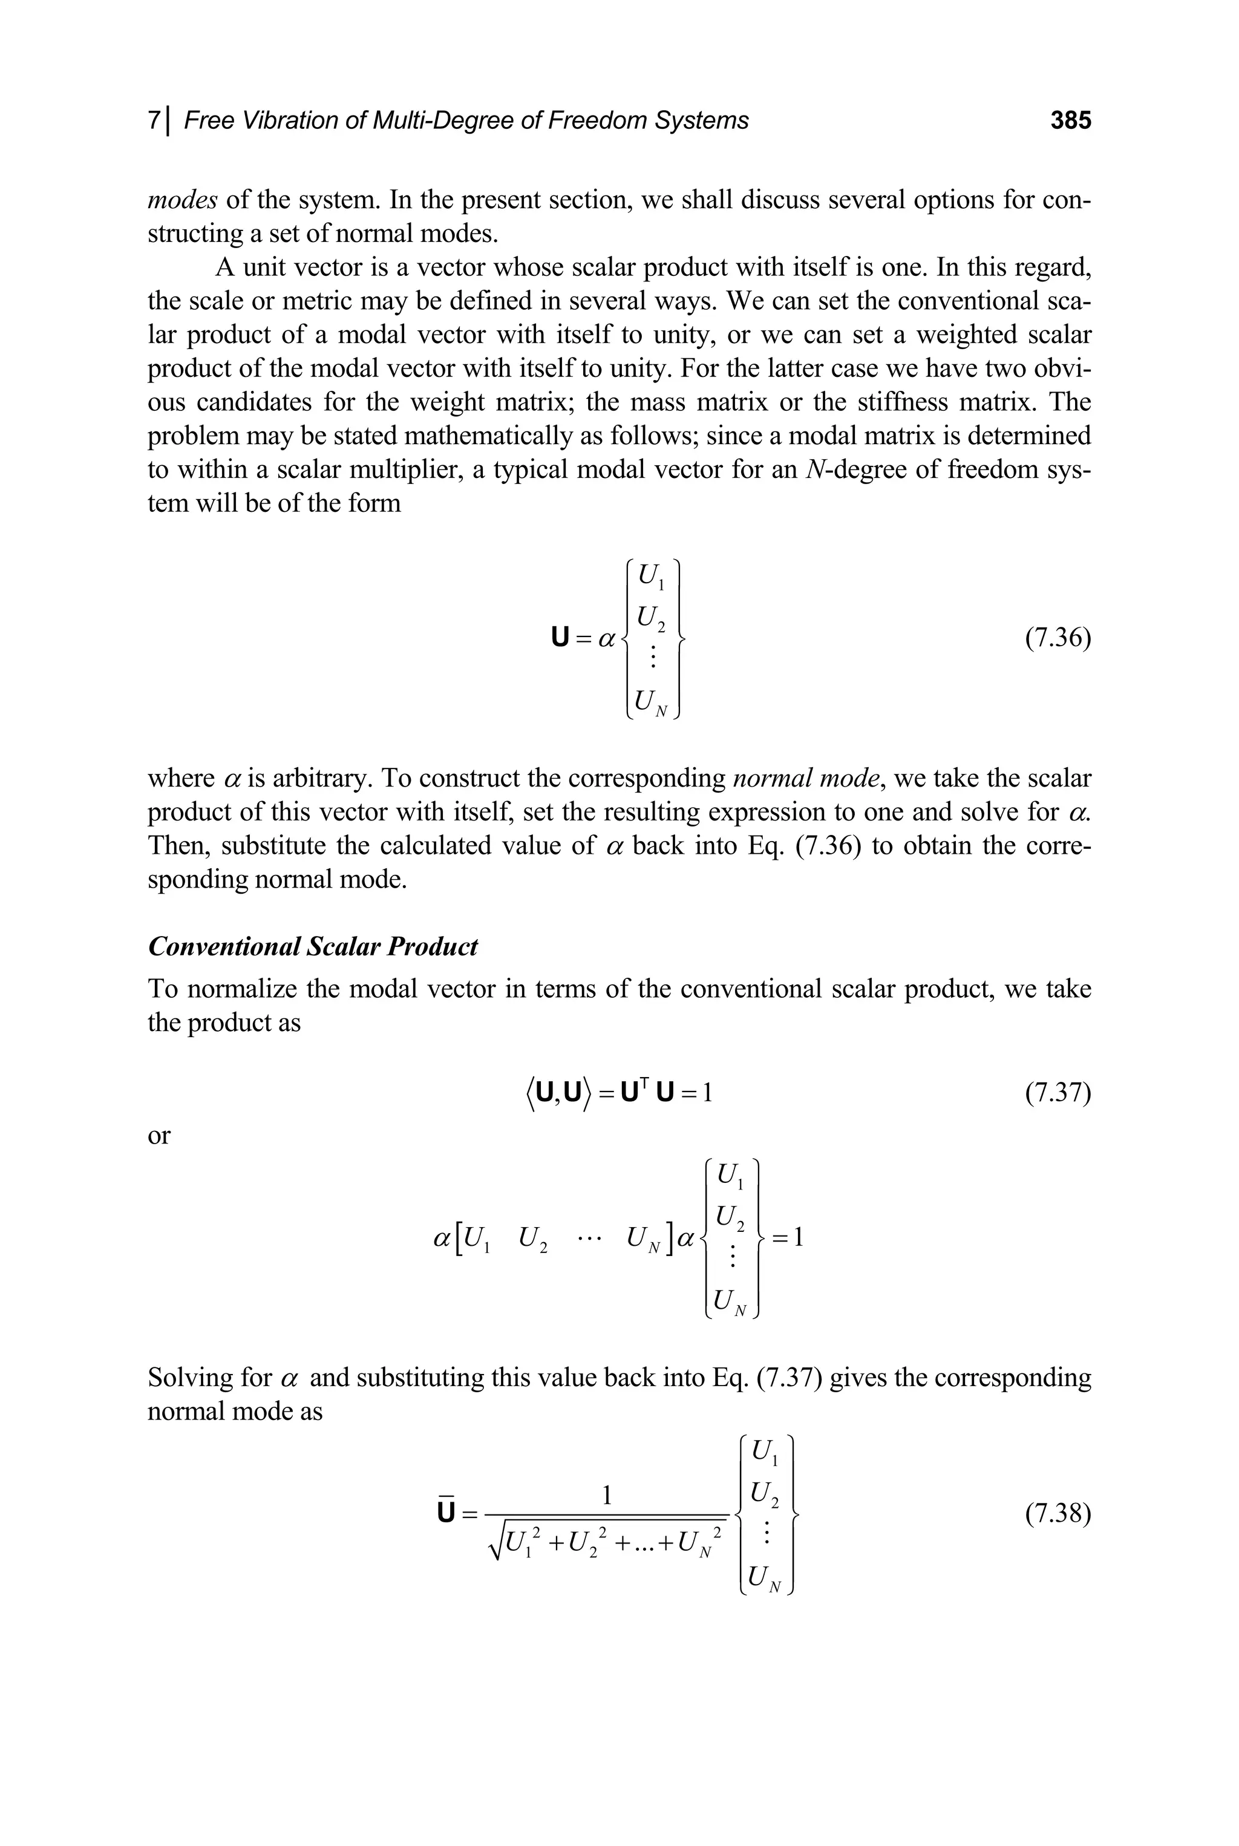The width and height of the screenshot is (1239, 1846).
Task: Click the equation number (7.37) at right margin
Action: (1058, 1093)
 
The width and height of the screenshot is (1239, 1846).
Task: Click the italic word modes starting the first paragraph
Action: (181, 200)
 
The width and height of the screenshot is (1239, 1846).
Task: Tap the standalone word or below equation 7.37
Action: (159, 1136)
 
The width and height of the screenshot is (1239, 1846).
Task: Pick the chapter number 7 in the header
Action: (153, 120)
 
